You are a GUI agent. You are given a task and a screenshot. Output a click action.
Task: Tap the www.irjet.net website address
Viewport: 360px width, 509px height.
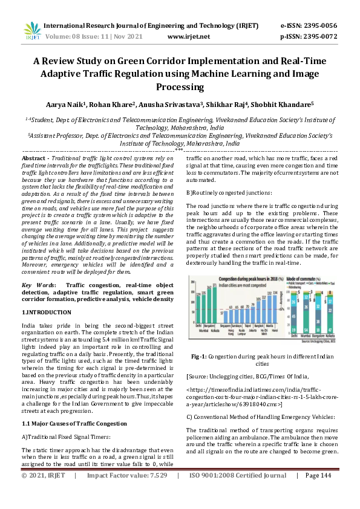click(x=188, y=36)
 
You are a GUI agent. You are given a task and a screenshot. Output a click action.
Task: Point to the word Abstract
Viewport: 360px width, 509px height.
click(x=34, y=157)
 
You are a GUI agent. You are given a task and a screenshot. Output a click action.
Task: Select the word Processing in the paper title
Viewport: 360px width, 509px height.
click(x=179, y=87)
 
